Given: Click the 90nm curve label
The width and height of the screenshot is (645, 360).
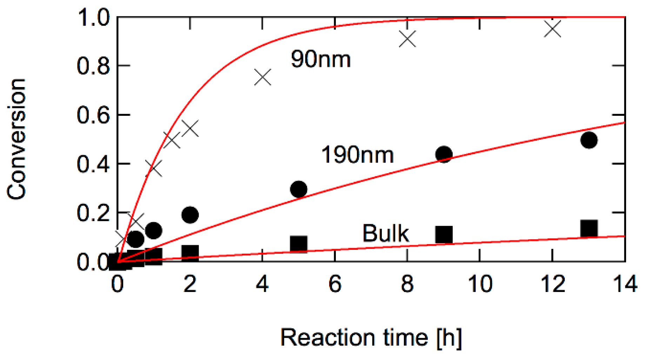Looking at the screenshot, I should click(320, 59).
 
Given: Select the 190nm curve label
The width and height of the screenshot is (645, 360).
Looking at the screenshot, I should click(357, 155).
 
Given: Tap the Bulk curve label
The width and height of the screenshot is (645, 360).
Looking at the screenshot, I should click(385, 233).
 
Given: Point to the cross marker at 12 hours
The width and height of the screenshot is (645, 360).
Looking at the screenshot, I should click(553, 29).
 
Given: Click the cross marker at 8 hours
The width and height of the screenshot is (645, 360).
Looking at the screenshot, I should click(407, 39).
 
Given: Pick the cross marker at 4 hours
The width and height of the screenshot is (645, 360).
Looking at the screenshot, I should click(263, 77).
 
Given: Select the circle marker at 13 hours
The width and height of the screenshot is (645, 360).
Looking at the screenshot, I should click(589, 140).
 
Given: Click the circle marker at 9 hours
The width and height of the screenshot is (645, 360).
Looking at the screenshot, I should click(444, 154).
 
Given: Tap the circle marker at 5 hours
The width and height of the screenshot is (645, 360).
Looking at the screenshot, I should click(299, 189).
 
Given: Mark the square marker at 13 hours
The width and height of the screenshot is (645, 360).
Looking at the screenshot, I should click(589, 229).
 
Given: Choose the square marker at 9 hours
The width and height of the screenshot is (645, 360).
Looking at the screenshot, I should click(444, 234).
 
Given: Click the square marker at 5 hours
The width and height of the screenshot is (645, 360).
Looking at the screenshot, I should click(299, 244).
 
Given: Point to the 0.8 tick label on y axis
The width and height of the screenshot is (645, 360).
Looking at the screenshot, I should click(93, 66).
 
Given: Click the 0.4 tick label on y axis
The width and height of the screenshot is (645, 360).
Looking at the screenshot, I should click(93, 164).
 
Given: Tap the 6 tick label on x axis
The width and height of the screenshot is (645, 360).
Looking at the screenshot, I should click(335, 284).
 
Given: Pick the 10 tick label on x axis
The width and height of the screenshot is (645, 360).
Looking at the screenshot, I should click(480, 284).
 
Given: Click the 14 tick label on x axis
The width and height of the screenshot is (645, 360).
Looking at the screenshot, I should click(625, 284).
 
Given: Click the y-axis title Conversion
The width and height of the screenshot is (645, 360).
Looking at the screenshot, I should click(16, 139).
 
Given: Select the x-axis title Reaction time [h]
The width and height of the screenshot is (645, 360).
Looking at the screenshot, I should click(371, 338).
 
